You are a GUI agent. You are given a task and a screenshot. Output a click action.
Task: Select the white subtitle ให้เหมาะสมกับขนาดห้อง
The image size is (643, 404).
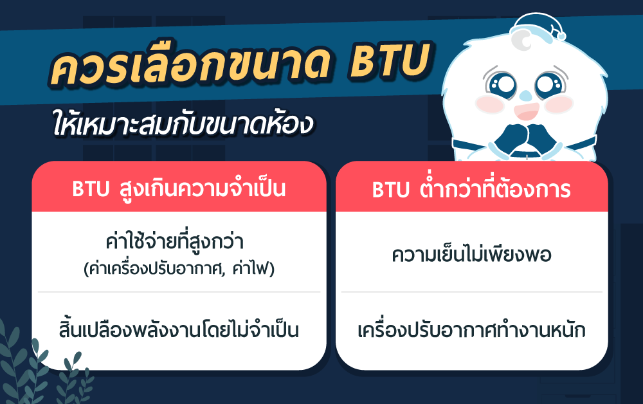pyautogui.click(x=183, y=122)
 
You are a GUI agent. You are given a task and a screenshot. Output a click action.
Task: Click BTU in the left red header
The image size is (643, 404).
pyautogui.click(x=91, y=189)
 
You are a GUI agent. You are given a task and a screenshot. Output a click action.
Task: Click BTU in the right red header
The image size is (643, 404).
pyautogui.click(x=390, y=190)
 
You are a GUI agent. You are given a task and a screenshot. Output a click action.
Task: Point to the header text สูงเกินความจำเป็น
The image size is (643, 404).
pyautogui.click(x=203, y=188)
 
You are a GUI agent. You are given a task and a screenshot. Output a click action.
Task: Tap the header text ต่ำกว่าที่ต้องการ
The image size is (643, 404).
pyautogui.click(x=495, y=188)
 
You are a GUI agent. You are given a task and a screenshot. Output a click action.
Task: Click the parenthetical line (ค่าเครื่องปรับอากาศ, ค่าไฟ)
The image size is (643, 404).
pyautogui.click(x=179, y=269)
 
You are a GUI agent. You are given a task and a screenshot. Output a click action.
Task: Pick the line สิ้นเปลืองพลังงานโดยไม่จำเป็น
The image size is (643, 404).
pyautogui.click(x=179, y=329)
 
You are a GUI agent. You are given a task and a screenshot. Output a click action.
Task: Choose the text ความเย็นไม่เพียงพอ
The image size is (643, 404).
pyautogui.click(x=471, y=253)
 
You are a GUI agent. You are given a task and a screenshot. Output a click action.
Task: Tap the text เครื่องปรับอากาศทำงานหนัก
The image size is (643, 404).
pyautogui.click(x=471, y=330)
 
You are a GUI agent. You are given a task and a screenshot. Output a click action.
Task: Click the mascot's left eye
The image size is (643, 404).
pyautogui.click(x=501, y=86)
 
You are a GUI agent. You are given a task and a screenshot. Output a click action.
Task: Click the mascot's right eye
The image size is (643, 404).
pyautogui.click(x=550, y=86)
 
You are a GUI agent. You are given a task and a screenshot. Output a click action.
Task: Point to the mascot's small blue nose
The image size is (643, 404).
pyautogui.click(x=525, y=96)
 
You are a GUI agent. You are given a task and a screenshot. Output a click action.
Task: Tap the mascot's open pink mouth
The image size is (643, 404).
pyautogui.click(x=527, y=111)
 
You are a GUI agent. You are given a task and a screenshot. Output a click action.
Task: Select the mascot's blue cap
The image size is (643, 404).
pyautogui.click(x=538, y=28)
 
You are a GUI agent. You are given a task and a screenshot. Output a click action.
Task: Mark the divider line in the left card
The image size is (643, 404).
pyautogui.click(x=179, y=292)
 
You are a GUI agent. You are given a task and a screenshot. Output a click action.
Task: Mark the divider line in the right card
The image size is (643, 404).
pyautogui.click(x=471, y=292)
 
